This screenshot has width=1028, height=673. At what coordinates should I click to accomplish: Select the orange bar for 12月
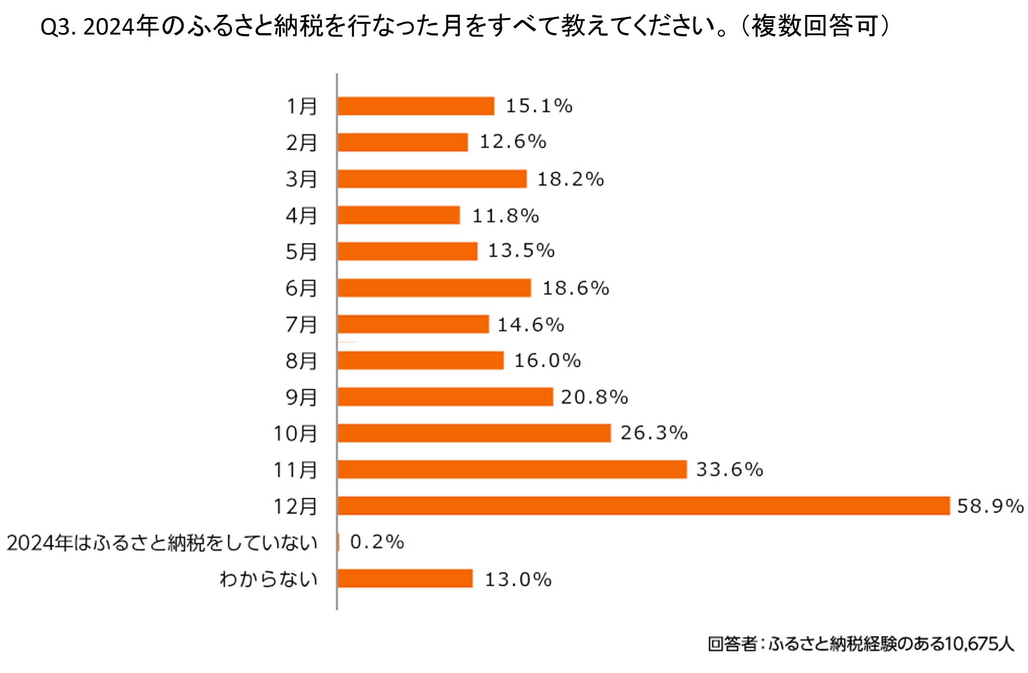tap(643, 506)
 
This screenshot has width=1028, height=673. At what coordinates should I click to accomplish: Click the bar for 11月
tap(512, 469)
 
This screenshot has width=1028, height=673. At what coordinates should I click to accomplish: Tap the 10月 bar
tap(474, 433)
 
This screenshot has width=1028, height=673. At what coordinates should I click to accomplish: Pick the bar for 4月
tap(398, 215)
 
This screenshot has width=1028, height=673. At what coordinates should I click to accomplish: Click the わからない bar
tap(405, 578)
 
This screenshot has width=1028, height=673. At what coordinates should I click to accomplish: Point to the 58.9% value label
tap(990, 506)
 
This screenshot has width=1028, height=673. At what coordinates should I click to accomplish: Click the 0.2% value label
tap(377, 542)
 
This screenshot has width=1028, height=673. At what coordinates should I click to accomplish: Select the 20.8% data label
tap(594, 397)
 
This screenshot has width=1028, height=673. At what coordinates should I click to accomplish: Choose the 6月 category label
tap(301, 288)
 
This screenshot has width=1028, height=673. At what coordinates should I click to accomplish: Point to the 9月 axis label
tap(301, 397)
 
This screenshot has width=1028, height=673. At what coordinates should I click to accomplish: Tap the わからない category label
tap(268, 579)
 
